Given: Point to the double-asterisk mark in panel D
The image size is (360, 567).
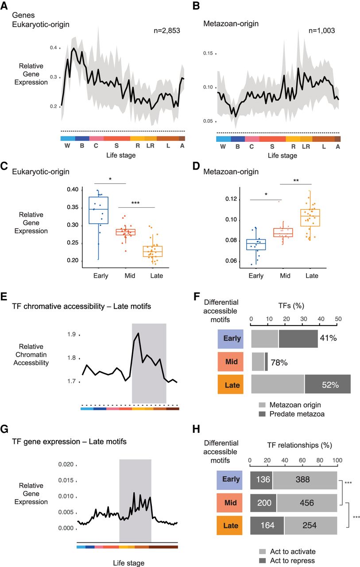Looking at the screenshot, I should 296,180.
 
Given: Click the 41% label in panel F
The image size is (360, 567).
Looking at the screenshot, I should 328,338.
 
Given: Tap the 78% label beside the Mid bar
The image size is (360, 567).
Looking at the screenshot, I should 279,363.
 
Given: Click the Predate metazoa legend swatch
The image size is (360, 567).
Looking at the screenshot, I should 263,415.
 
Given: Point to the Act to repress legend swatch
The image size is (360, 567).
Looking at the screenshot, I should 263,560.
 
